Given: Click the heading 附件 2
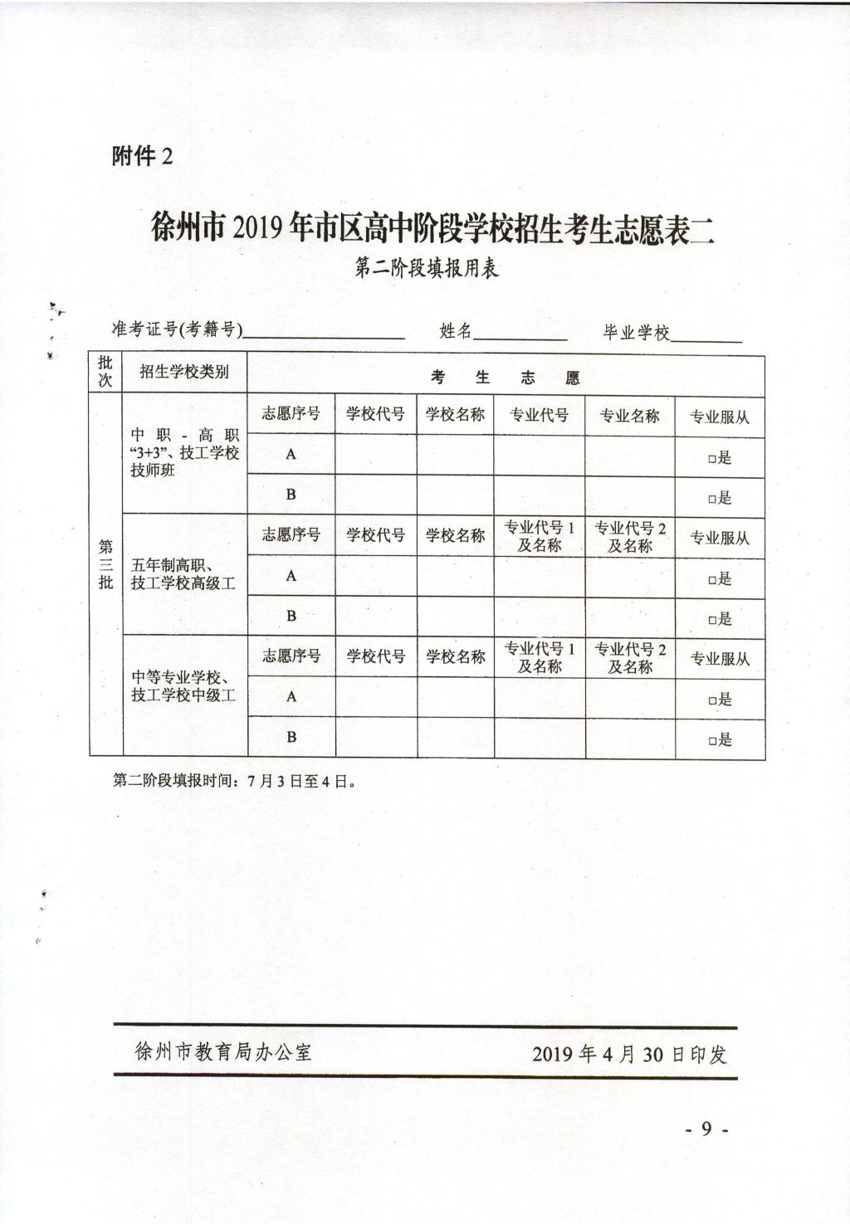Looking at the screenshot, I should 142,156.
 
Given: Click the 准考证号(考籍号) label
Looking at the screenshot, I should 177,330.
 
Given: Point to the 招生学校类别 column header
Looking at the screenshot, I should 184,373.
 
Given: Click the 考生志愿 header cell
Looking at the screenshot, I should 506,378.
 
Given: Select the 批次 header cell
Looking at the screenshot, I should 105,372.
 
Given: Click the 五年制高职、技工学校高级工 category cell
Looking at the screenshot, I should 183,575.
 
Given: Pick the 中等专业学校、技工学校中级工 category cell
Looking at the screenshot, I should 184,686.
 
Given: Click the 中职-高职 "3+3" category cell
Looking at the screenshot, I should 184,452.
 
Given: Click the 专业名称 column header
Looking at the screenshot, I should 629,416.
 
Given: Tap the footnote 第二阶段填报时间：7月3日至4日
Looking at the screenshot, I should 235,781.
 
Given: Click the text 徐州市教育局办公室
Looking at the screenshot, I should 223,1052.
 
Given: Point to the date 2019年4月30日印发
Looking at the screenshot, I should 629,1054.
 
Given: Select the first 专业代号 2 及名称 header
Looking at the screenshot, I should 629,537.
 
